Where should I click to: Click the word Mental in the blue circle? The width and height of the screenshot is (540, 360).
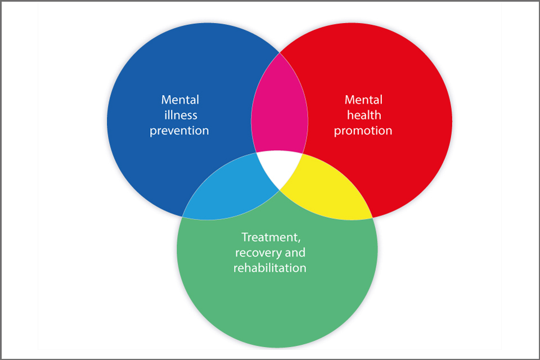point(180,100)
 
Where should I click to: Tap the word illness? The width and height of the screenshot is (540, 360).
point(180,115)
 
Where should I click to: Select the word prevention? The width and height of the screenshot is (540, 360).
point(180,130)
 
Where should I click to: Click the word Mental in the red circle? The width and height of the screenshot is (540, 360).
point(363,100)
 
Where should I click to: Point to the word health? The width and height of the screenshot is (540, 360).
point(363,115)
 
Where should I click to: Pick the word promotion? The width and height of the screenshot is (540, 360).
point(363,130)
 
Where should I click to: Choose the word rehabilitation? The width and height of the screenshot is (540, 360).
point(270,268)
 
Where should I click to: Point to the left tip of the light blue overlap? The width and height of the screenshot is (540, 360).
point(183,217)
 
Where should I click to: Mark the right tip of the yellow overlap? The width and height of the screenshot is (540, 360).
point(372,218)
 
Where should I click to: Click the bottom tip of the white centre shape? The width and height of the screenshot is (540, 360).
point(280,190)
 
